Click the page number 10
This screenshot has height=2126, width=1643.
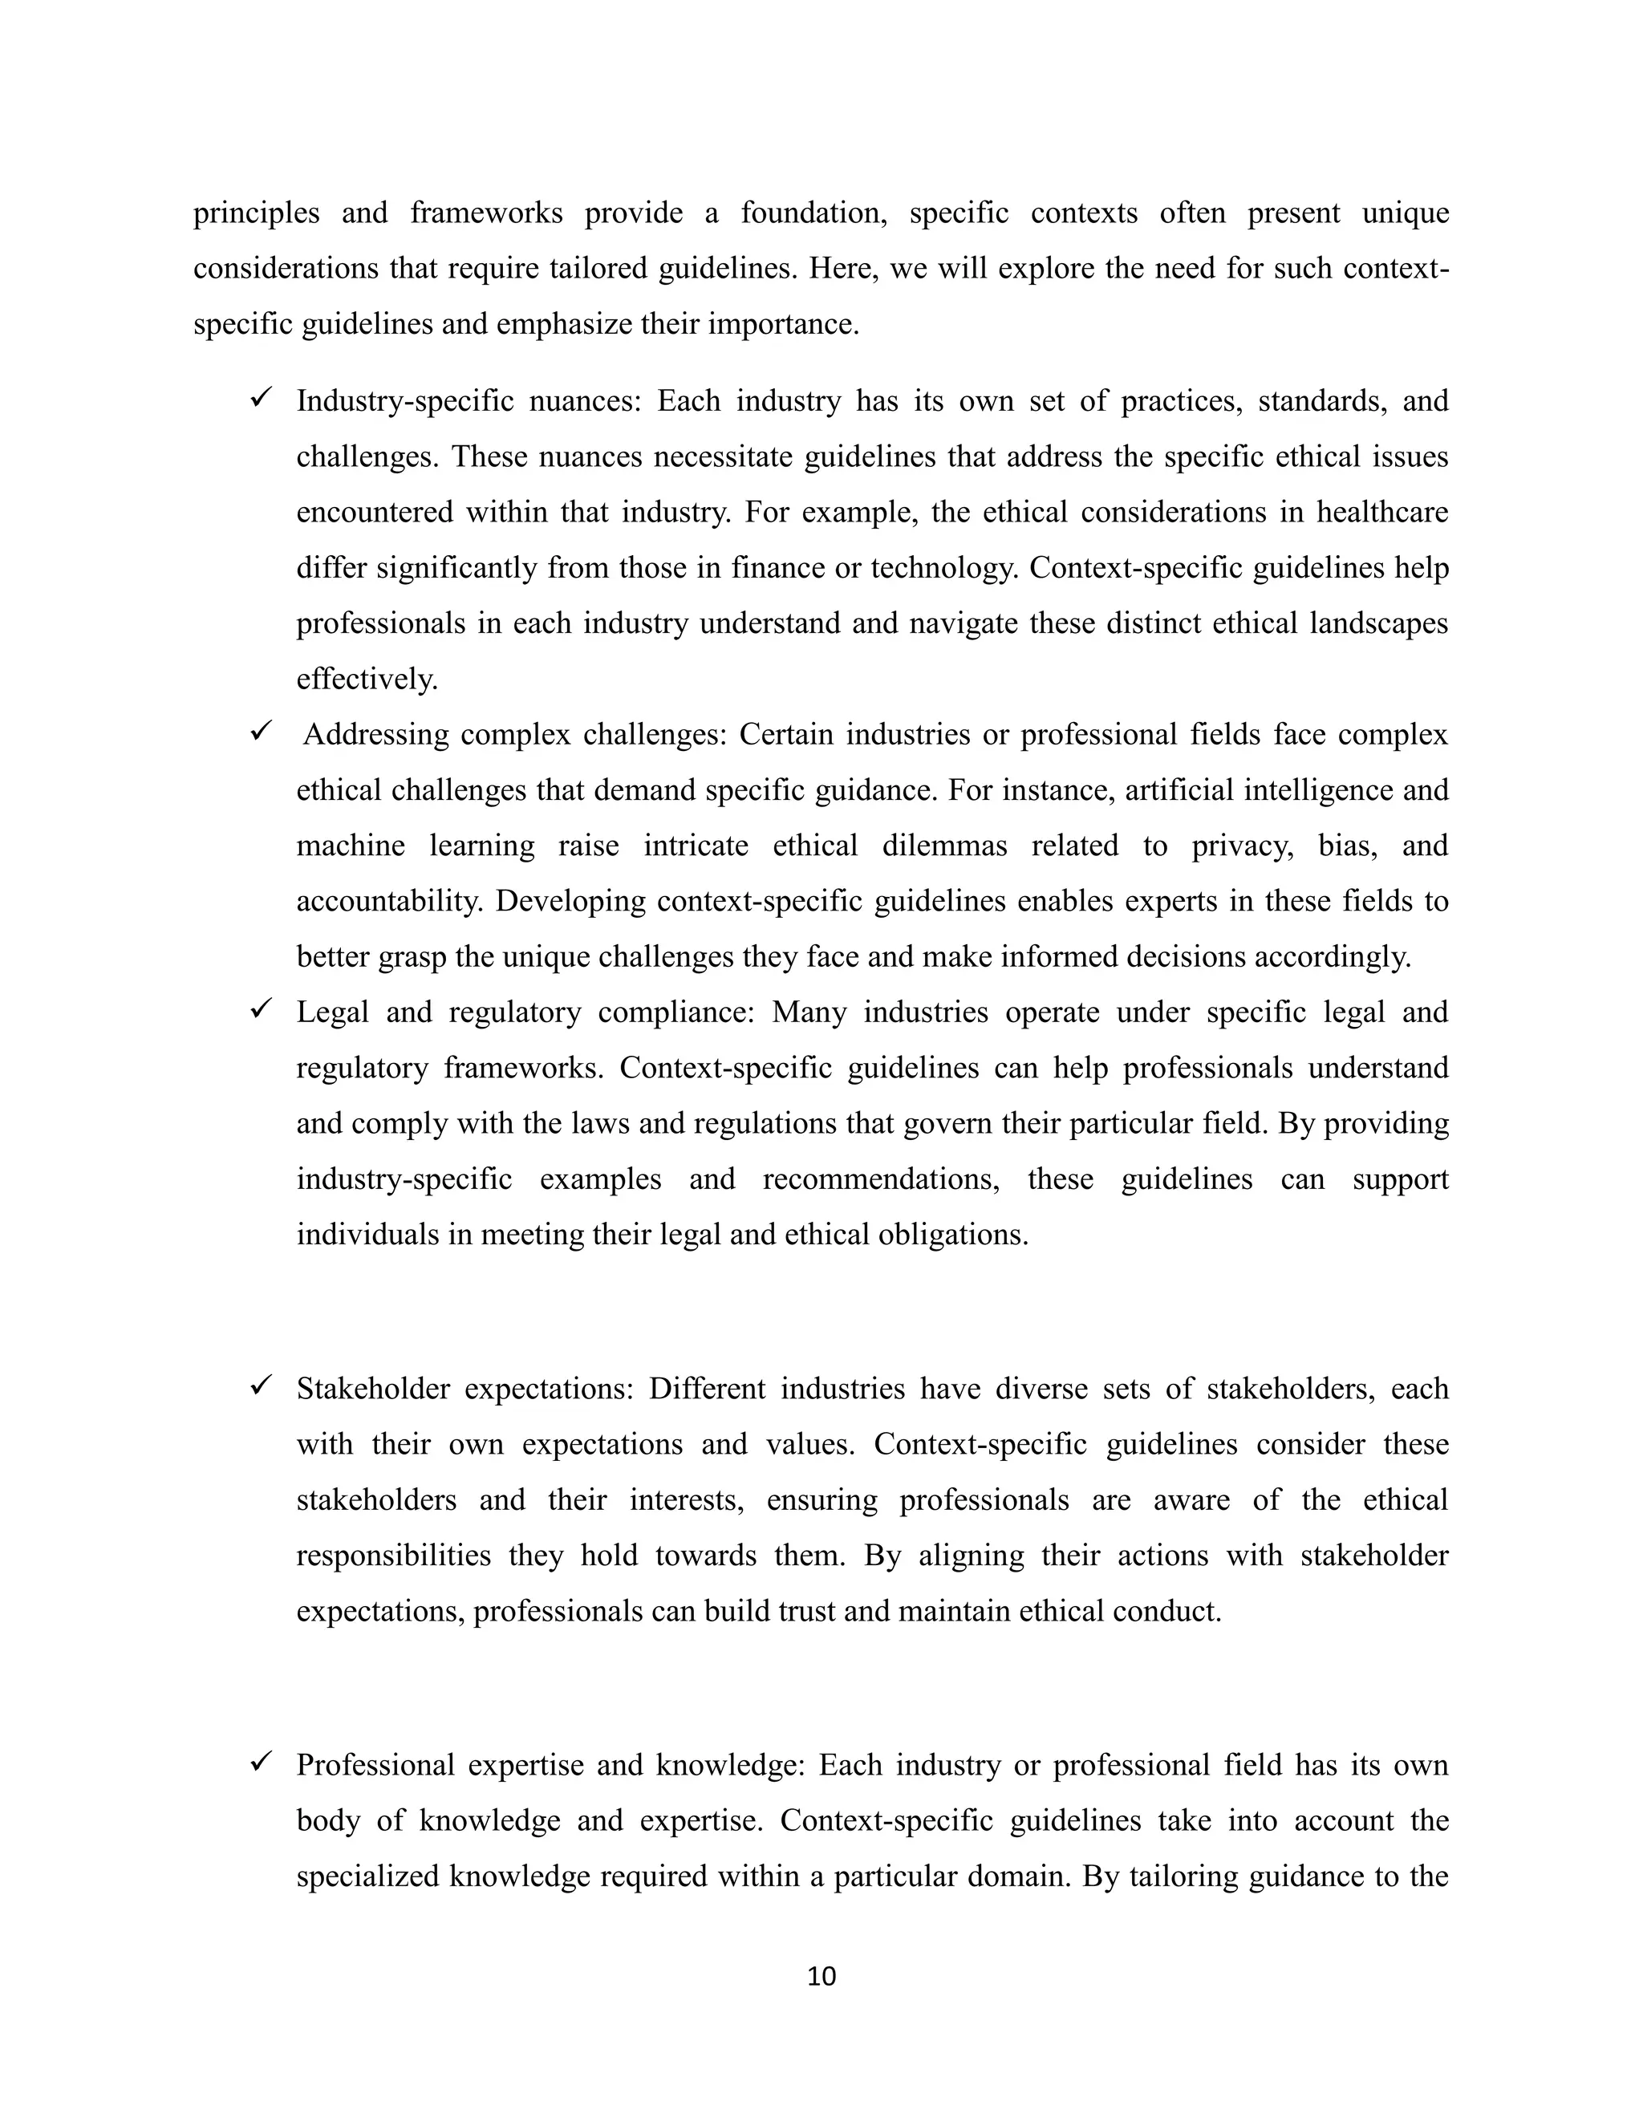coord(821,1975)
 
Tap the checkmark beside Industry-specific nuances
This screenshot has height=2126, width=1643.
coord(260,397)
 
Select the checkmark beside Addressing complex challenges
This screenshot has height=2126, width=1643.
coord(260,730)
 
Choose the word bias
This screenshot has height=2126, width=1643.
coord(1347,846)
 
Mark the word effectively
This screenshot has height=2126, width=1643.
coord(367,679)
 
